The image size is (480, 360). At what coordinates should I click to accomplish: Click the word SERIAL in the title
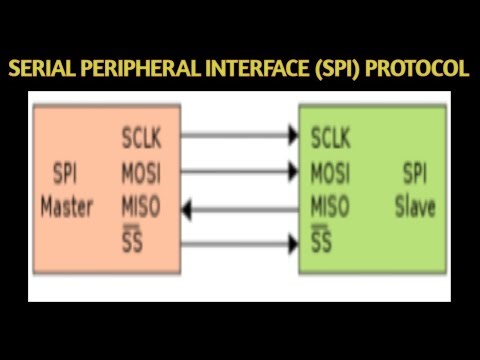(x=41, y=69)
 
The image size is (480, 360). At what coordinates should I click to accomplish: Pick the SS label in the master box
(x=131, y=242)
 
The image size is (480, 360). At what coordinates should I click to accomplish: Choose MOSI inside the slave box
(x=330, y=172)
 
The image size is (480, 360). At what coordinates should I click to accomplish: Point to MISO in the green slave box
(x=330, y=208)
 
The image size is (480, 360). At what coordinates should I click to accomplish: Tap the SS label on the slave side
(x=321, y=242)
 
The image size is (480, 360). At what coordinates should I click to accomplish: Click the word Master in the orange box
(x=67, y=208)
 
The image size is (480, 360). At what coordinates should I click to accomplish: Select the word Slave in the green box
(x=414, y=210)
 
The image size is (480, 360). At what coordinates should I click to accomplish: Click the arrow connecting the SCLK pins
(x=240, y=134)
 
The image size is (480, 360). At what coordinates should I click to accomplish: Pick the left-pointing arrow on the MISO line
(x=240, y=208)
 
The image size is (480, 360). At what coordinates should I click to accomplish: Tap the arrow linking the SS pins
(x=240, y=242)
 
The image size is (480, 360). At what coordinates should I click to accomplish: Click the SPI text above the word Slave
(x=414, y=172)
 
